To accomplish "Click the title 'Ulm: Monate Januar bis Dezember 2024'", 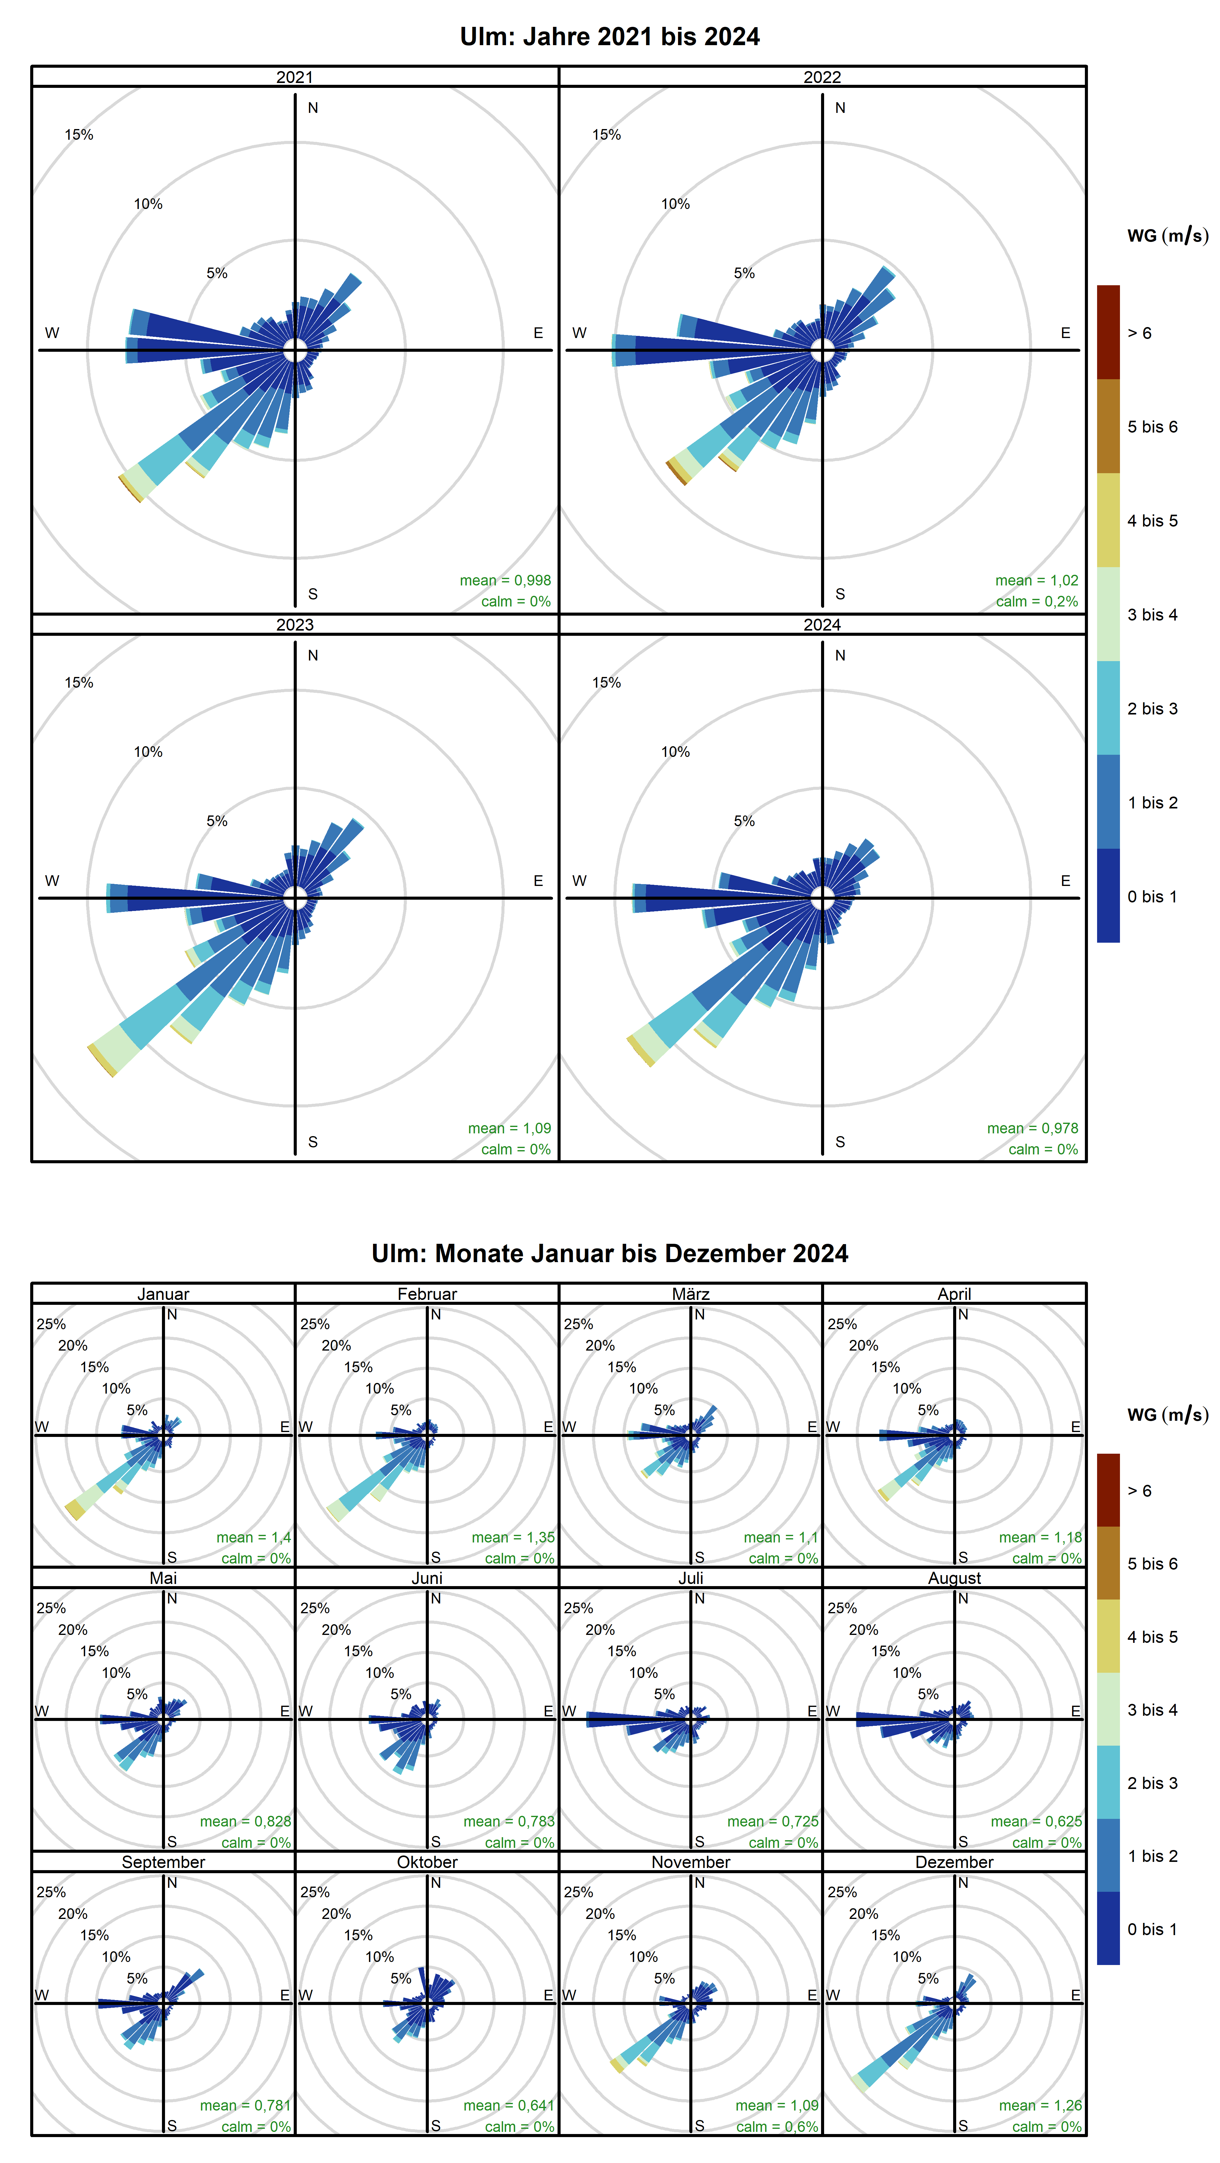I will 610,1254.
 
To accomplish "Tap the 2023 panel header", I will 295,625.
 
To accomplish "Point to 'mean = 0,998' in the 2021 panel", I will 505,580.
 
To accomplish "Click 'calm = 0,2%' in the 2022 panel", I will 1037,601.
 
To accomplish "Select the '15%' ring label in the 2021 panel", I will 79,134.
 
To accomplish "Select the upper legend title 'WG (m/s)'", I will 1167,236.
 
